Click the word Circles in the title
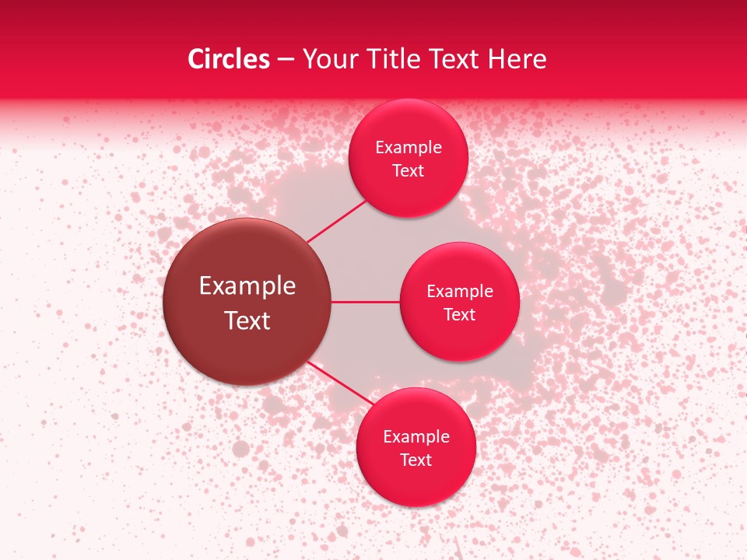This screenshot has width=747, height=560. point(228,59)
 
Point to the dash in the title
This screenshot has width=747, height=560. point(286,60)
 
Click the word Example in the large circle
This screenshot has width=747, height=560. point(247,286)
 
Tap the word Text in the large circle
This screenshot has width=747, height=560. point(247,320)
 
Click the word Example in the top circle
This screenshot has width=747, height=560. point(409,148)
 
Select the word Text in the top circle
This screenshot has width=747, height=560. point(408,171)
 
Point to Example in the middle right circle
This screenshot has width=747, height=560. point(460,292)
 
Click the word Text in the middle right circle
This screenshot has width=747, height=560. point(459,315)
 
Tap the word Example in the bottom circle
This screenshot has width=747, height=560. point(416,437)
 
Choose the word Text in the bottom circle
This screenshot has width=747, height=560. point(416,460)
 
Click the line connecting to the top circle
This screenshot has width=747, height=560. point(336,221)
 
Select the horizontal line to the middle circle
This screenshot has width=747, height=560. point(365,302)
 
